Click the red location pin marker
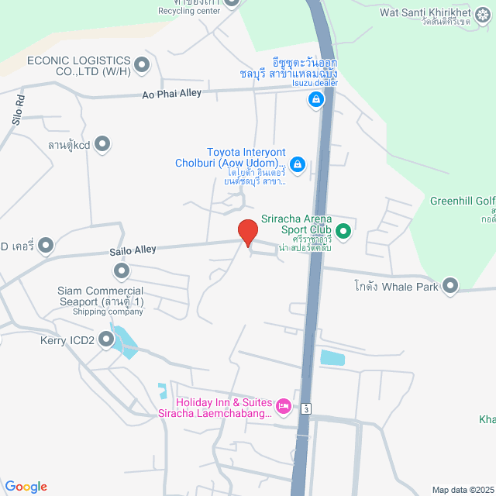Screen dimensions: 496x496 pyautogui.click(x=247, y=232)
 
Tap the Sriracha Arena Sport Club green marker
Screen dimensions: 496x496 pyautogui.click(x=343, y=231)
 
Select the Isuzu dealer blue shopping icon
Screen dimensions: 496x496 pyautogui.click(x=315, y=99)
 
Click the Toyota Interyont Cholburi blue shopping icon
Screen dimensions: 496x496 pyautogui.click(x=298, y=164)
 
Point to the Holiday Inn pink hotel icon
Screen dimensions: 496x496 pyautogui.click(x=284, y=405)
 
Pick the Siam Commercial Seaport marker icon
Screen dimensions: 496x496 pyautogui.click(x=121, y=270)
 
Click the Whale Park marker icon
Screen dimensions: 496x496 pyautogui.click(x=451, y=287)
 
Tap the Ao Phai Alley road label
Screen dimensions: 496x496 pyautogui.click(x=171, y=94)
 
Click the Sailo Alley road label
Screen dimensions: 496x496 pyautogui.click(x=133, y=250)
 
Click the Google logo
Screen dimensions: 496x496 pyautogui.click(x=26, y=486)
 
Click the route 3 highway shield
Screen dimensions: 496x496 pyautogui.click(x=308, y=408)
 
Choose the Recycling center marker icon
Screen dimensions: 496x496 pyautogui.click(x=231, y=2)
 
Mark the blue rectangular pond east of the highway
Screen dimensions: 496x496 pyautogui.click(x=333, y=358)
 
